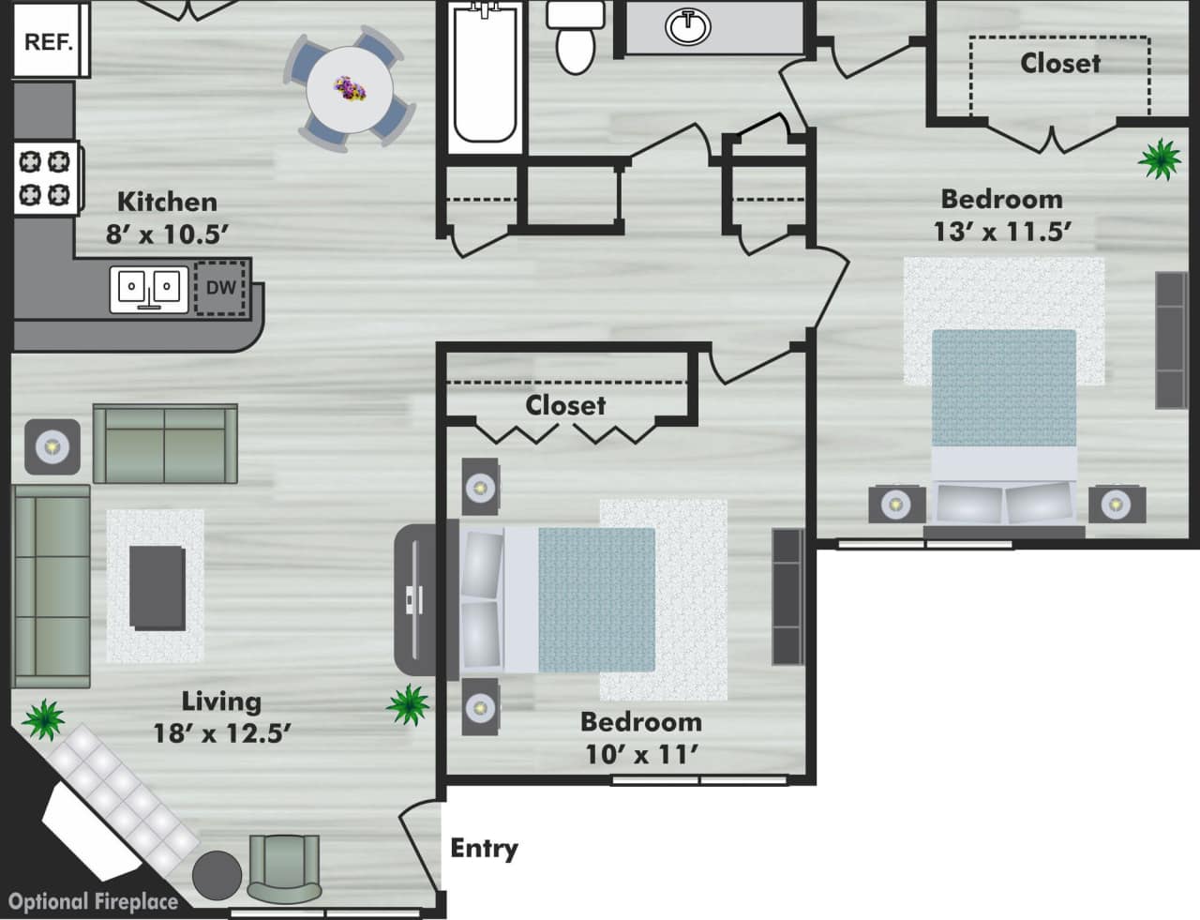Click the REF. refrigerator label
[x=48, y=42]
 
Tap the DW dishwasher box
[x=220, y=288]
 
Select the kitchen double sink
[x=147, y=288]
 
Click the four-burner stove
[x=46, y=178]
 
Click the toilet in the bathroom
[x=574, y=38]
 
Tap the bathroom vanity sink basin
[x=688, y=27]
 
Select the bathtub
[x=484, y=75]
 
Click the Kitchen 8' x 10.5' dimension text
[x=167, y=218]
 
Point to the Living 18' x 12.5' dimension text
[x=221, y=716]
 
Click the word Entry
[x=484, y=849]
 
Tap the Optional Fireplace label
[x=93, y=902]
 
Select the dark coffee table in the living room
[x=157, y=587]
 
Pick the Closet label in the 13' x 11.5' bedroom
[x=1060, y=63]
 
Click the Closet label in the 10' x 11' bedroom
[x=565, y=405]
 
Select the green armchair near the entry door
[x=284, y=867]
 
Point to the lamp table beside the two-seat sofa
[x=52, y=446]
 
